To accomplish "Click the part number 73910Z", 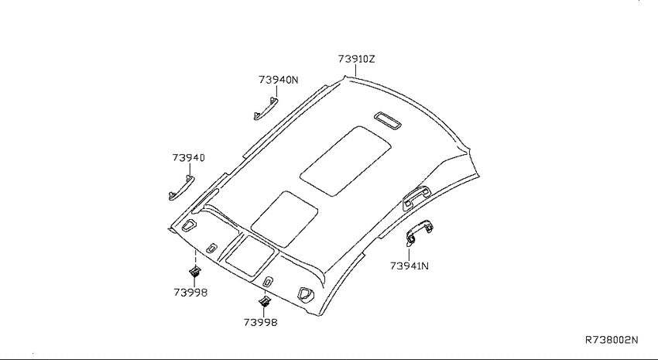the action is (x=356, y=59).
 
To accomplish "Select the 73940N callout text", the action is (x=278, y=80).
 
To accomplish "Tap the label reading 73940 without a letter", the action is (x=188, y=158).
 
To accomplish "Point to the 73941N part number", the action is (x=410, y=266).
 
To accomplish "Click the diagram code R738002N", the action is (x=612, y=340).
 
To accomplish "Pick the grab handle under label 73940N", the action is (x=266, y=108).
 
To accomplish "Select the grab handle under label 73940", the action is (x=181, y=187).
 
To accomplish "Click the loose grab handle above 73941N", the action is (x=420, y=231).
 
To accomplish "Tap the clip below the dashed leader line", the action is (x=195, y=272).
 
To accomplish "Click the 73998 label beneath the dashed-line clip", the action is (x=190, y=293).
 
